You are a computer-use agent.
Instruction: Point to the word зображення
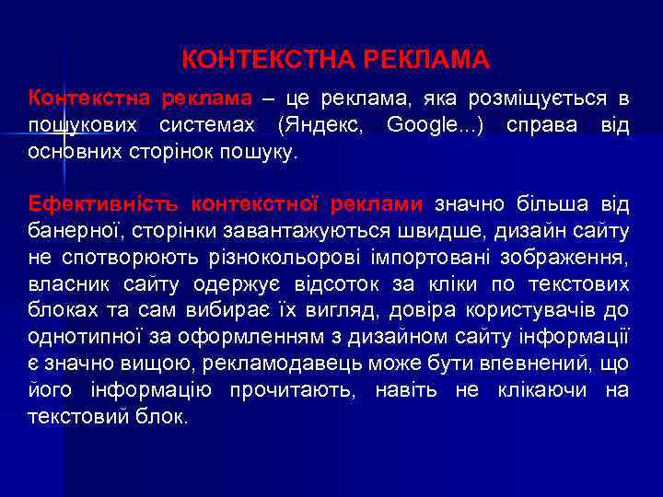[x=564, y=257]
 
